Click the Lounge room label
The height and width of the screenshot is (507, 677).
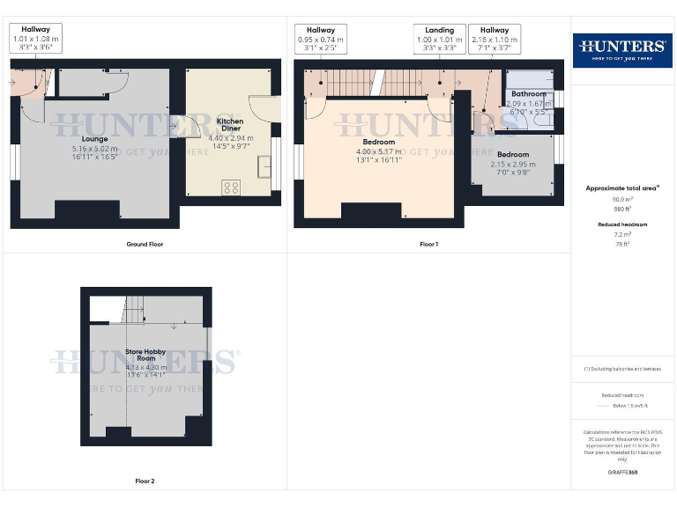(94, 139)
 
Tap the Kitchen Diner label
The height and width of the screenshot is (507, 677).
(230, 124)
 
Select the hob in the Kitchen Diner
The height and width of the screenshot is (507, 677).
(233, 187)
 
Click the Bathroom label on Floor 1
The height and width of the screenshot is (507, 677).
(529, 94)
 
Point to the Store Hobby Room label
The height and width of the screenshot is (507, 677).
(145, 355)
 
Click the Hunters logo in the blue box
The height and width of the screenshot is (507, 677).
(621, 49)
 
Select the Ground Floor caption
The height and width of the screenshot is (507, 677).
(145, 244)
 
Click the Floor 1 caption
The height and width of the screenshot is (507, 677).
(428, 244)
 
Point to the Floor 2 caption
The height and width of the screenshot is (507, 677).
(145, 481)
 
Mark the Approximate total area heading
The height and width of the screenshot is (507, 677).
(621, 188)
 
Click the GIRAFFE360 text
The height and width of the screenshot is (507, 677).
(621, 473)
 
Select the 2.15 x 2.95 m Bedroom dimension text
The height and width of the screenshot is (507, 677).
(512, 164)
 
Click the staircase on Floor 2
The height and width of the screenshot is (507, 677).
(133, 310)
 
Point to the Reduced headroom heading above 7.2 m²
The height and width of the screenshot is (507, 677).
(621, 224)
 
